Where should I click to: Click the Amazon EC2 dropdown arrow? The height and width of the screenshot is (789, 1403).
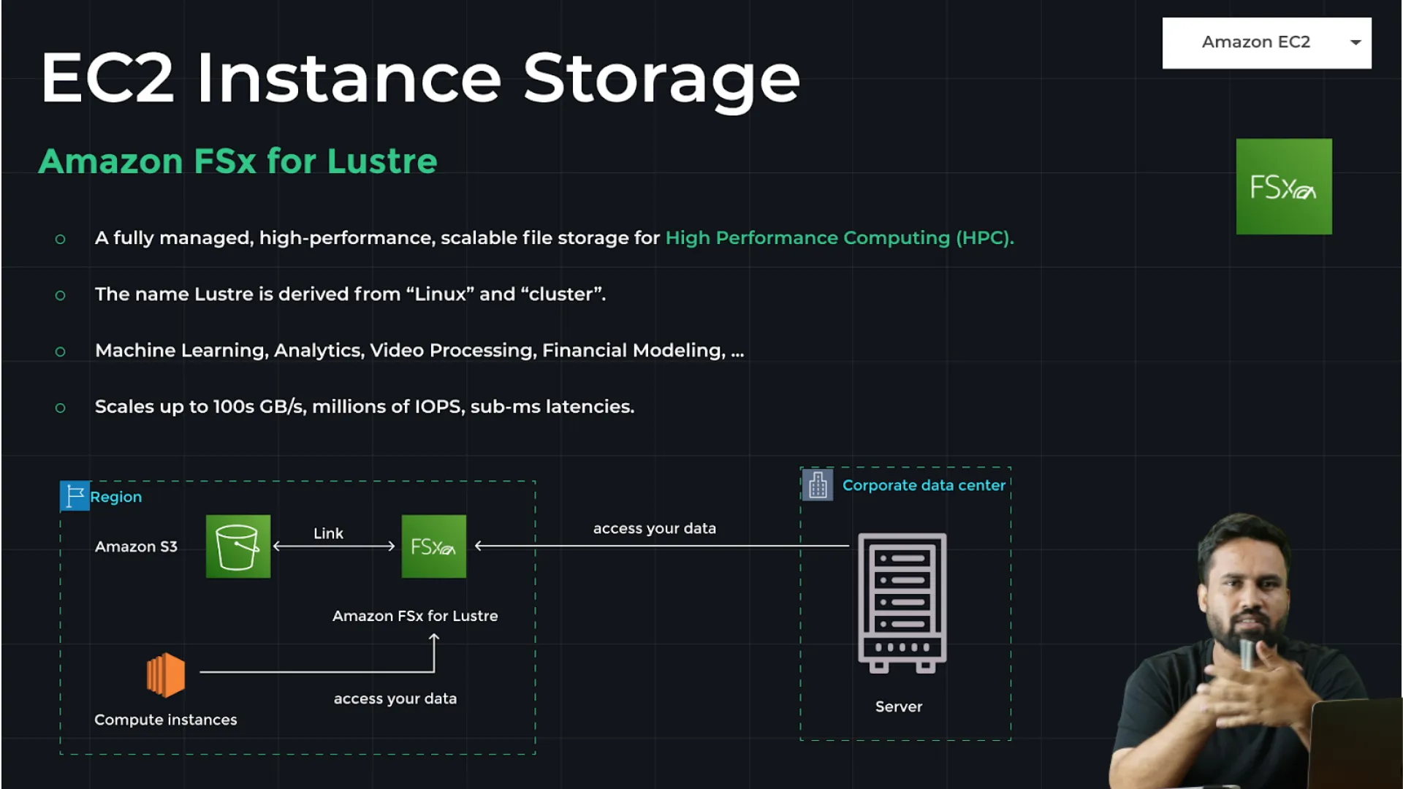click(1356, 42)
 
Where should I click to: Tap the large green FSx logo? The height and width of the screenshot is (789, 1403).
click(1284, 186)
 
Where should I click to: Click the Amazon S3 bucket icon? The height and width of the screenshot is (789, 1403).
click(238, 546)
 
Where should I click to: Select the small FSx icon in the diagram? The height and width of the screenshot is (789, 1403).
click(433, 546)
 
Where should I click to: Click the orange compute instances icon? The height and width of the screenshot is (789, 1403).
click(166, 674)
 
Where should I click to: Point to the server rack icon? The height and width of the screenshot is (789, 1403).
click(902, 602)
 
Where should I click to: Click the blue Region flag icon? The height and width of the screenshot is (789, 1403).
click(75, 496)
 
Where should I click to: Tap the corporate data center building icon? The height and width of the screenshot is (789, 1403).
click(818, 484)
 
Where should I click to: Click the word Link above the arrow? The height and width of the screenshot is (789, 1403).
click(328, 533)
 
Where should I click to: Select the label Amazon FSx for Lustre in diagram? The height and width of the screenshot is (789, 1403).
click(415, 616)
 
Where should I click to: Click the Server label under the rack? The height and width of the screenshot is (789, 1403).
click(899, 706)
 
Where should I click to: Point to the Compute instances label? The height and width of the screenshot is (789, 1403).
click(166, 720)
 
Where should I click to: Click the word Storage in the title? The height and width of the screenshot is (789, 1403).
click(661, 79)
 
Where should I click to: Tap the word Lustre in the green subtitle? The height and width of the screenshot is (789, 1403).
click(382, 161)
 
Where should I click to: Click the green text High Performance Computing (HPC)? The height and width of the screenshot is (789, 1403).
click(839, 237)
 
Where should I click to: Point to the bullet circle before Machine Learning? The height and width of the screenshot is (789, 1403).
click(61, 351)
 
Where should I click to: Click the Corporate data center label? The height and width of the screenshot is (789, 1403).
click(924, 485)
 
